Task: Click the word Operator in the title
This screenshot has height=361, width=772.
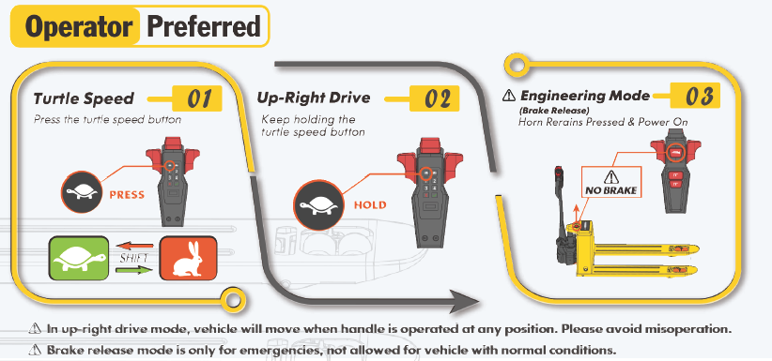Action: click(79, 26)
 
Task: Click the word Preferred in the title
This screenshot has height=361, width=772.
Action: click(204, 26)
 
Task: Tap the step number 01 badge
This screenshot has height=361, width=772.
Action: click(197, 98)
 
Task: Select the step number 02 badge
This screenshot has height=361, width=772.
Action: click(434, 98)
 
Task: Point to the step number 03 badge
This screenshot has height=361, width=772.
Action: click(696, 96)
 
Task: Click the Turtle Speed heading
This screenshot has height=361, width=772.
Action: click(84, 98)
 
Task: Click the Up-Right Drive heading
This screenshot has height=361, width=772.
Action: click(314, 98)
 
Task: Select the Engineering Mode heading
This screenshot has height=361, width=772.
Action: click(585, 96)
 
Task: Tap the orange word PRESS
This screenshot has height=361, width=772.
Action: click(127, 195)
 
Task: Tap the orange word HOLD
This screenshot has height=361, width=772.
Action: click(370, 204)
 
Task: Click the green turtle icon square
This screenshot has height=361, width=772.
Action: click(78, 258)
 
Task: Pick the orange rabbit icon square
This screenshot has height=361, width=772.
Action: click(188, 258)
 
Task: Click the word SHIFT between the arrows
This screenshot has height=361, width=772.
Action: click(134, 258)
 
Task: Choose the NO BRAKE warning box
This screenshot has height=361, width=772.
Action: click(611, 182)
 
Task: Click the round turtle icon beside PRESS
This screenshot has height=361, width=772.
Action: click(82, 192)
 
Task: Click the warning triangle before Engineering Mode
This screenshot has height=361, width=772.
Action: click(509, 96)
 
